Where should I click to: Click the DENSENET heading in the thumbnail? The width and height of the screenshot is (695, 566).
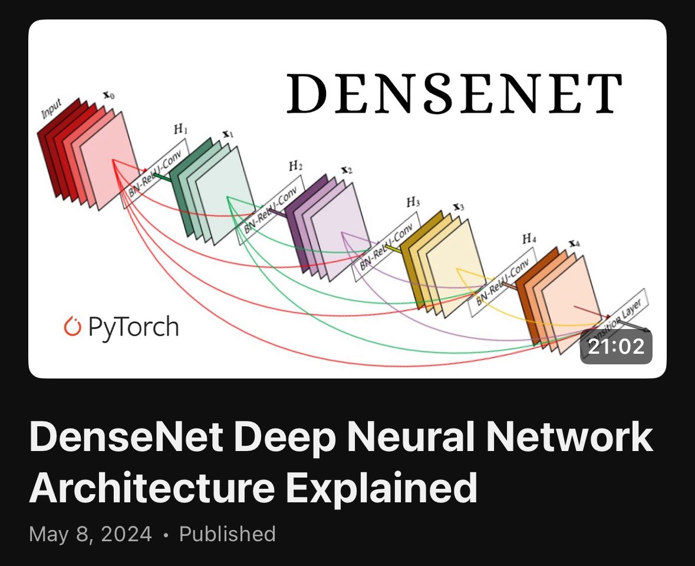coord(454,93)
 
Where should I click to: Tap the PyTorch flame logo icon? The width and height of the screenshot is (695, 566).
coord(71,326)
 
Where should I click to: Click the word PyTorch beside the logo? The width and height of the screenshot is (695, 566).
coord(133,326)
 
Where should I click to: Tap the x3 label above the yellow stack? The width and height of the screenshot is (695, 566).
coord(458,207)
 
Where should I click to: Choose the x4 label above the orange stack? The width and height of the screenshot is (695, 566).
coord(572,243)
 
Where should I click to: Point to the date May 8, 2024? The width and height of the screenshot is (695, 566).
coord(90,534)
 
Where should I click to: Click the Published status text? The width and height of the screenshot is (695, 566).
coord(228,534)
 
